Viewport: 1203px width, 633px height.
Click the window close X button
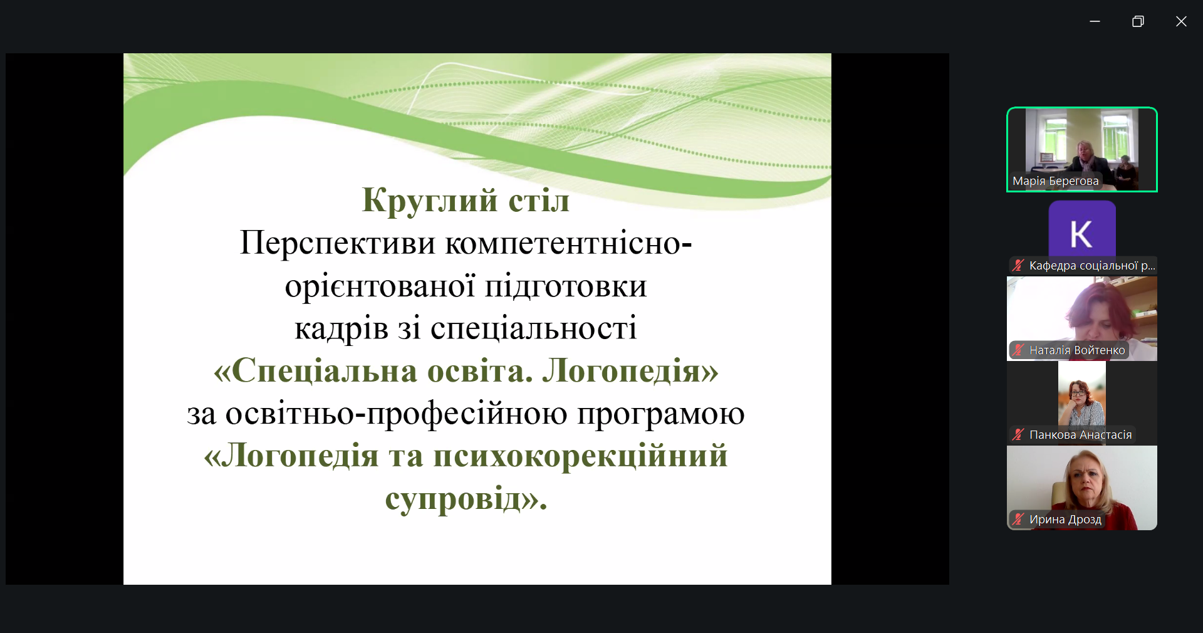(1181, 21)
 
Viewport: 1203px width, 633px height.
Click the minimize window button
(1095, 21)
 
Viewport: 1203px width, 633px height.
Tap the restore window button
(1138, 21)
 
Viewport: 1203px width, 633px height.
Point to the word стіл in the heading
(539, 201)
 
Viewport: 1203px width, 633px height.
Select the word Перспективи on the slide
(338, 243)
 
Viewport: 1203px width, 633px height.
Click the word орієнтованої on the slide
(380, 286)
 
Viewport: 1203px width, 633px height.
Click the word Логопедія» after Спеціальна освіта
(630, 371)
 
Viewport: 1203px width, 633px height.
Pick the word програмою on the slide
(661, 414)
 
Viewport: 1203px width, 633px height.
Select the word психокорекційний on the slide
(580, 456)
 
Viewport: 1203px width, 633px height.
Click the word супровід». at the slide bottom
(466, 500)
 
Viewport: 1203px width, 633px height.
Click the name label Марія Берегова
(1056, 181)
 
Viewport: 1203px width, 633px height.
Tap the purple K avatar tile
(1082, 229)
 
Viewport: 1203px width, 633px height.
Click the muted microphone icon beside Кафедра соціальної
(1018, 266)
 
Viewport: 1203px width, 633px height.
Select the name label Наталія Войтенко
(1077, 350)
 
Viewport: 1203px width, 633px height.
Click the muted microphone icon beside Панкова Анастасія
(1018, 435)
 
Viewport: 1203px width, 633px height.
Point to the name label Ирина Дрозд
(1065, 520)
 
